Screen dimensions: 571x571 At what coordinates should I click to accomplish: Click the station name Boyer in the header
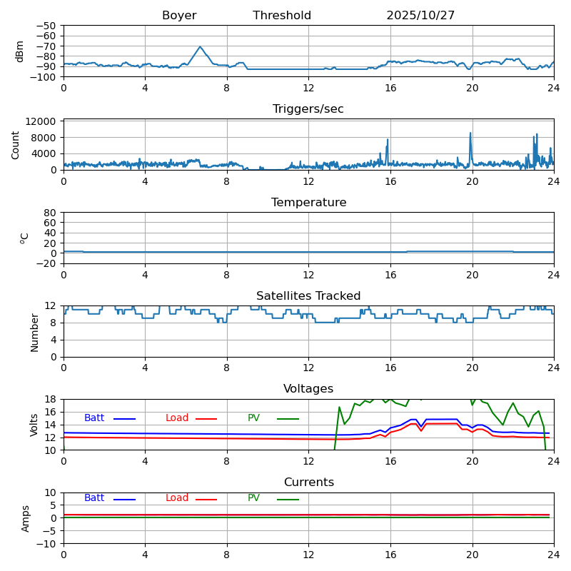point(179,16)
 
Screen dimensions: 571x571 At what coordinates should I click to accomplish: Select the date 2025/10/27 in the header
point(420,16)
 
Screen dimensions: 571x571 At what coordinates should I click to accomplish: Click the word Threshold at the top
point(282,16)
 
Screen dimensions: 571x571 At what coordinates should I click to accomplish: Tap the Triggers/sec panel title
point(308,109)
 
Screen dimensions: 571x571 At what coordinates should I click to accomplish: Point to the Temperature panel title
point(308,203)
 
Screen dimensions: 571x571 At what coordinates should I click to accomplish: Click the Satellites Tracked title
point(308,296)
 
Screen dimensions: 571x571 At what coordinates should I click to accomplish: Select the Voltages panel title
point(308,389)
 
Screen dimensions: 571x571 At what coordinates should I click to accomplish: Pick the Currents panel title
point(308,482)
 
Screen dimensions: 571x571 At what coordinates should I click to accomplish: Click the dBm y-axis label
point(20,51)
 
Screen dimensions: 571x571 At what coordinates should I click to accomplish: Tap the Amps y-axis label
point(26,518)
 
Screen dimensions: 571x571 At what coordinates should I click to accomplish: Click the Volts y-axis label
point(34,425)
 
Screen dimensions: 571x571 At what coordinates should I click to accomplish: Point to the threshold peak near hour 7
point(201,47)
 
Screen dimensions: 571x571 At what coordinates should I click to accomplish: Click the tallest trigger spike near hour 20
point(470,133)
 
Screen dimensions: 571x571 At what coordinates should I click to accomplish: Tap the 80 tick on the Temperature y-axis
point(51,213)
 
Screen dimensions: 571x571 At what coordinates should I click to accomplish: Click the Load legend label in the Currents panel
point(177,498)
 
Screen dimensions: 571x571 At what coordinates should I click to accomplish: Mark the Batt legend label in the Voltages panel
point(94,418)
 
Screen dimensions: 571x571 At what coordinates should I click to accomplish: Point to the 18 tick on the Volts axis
point(51,399)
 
